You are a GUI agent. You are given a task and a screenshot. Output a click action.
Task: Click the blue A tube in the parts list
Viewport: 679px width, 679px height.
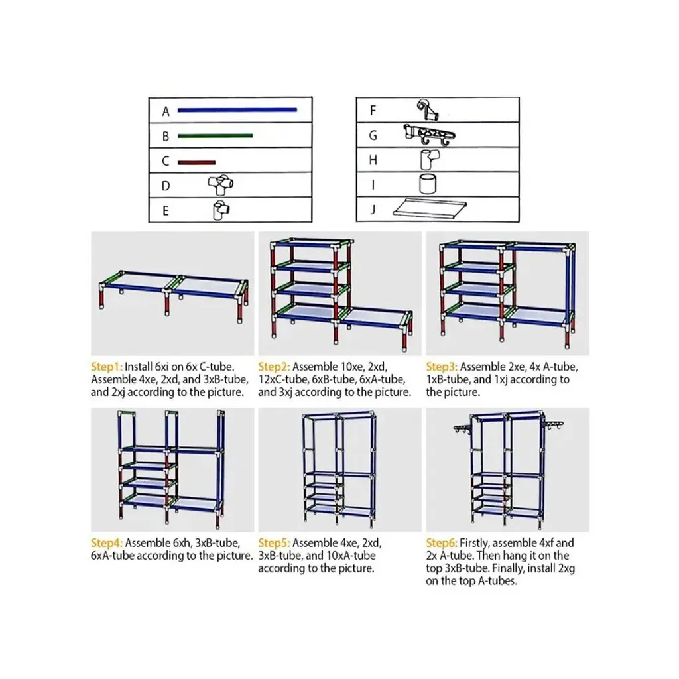click(237, 110)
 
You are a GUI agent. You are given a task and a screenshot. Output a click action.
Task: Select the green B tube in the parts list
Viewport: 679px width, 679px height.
click(216, 135)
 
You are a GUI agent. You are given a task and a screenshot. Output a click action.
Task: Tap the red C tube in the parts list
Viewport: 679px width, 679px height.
click(196, 163)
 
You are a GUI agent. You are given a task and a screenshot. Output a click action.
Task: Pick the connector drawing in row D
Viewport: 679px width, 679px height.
click(221, 186)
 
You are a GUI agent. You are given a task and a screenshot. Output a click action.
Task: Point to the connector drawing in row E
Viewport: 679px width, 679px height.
click(221, 210)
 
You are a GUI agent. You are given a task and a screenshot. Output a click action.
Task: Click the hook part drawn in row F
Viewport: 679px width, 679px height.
click(428, 110)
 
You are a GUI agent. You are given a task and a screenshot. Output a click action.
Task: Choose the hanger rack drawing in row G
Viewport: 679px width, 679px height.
click(429, 135)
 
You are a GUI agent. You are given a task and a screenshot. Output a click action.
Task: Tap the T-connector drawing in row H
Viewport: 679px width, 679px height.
click(430, 159)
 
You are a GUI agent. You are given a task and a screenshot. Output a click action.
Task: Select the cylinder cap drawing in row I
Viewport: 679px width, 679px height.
click(428, 184)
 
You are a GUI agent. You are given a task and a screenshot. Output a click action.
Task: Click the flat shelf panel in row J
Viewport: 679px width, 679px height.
click(430, 208)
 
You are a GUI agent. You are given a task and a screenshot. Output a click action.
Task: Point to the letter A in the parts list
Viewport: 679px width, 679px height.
click(166, 111)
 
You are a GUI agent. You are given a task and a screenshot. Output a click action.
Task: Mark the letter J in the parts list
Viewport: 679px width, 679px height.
click(373, 210)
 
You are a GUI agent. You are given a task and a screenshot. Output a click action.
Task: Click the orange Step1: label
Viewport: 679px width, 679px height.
click(107, 367)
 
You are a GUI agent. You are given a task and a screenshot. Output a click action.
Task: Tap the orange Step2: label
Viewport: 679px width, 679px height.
click(274, 367)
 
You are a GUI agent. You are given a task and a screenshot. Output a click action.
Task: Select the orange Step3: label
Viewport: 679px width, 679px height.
click(442, 367)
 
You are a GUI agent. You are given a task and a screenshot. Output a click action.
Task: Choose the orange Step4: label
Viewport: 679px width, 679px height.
click(107, 543)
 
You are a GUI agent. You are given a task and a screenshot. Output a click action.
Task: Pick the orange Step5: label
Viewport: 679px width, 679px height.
click(274, 543)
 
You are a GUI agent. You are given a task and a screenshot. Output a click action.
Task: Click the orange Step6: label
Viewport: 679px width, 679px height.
click(442, 543)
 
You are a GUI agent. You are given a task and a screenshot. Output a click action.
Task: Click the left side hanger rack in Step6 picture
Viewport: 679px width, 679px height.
click(462, 428)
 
